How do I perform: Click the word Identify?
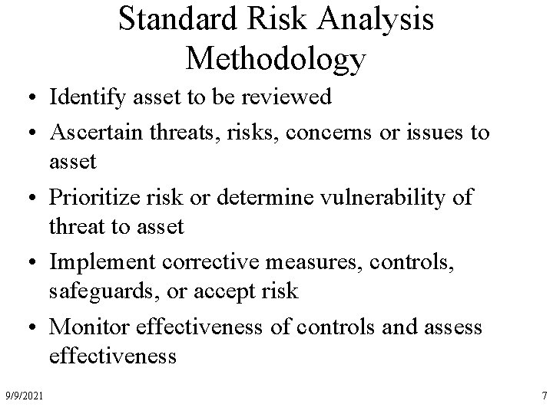coord(81,97)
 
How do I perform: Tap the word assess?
coord(455,328)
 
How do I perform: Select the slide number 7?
coord(543,395)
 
